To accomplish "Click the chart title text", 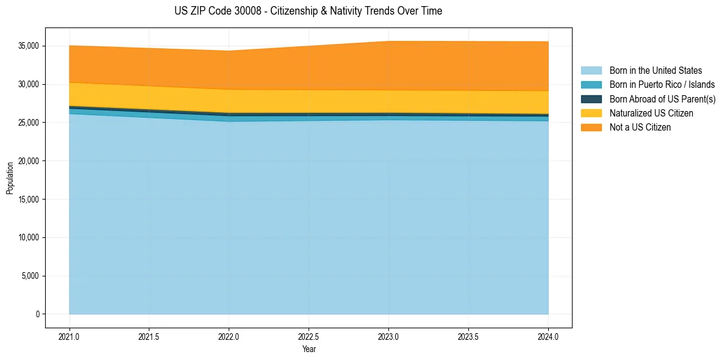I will pos(308,11).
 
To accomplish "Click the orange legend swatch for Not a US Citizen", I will pos(591,128).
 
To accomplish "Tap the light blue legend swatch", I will pos(591,71).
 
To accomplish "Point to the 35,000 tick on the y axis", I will pos(27,46).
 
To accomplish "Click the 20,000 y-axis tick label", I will pos(27,161).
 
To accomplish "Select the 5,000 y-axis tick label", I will pos(29,276).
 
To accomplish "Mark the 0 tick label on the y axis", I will pos(37,314).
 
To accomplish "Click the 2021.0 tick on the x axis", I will pos(70,336).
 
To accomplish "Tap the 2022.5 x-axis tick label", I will pos(309,336).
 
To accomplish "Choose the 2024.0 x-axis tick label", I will pos(548,336).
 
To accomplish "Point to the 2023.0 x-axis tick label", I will pos(388,336).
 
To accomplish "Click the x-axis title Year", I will pos(309,349).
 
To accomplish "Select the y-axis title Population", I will pos(10,178).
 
